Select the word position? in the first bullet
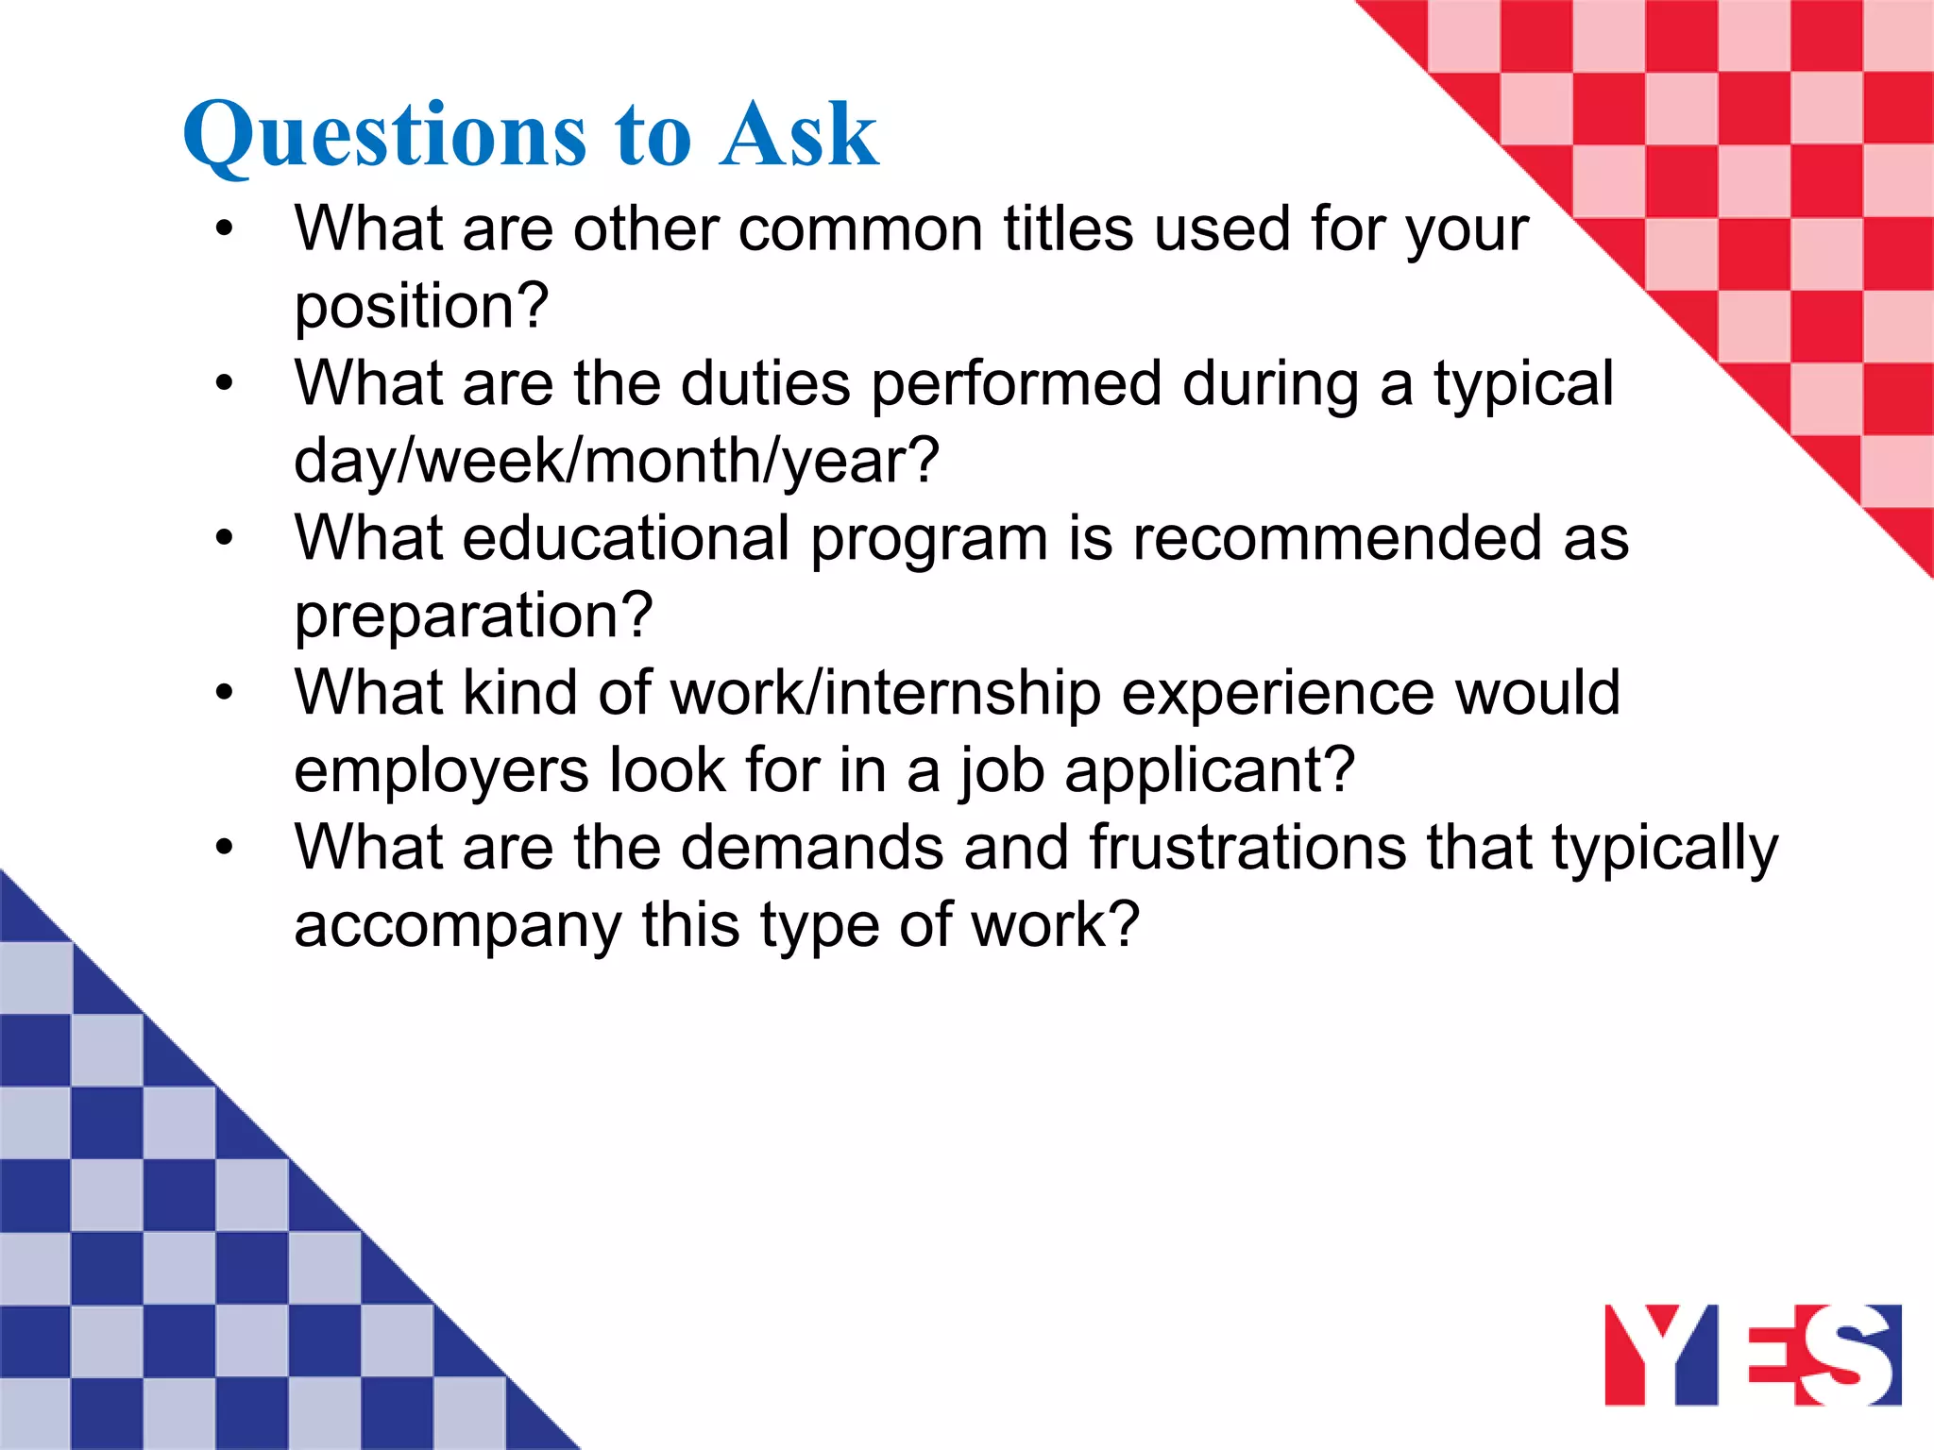[x=421, y=308]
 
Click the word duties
[x=765, y=384]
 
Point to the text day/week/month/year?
[x=616, y=462]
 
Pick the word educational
[x=625, y=538]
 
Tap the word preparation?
[x=473, y=616]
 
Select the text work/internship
[x=886, y=693]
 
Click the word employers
[x=441, y=771]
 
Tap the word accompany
[x=457, y=925]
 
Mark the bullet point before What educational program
[x=224, y=539]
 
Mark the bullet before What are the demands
[x=224, y=848]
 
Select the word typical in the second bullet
[x=1523, y=385]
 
